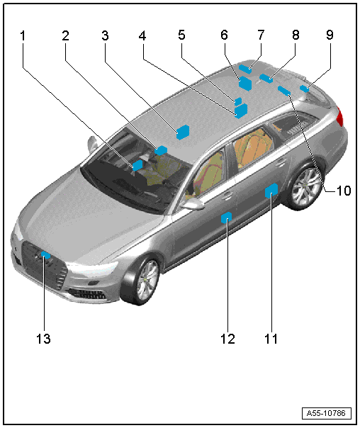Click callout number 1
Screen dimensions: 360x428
(x=23, y=36)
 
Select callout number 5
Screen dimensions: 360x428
(x=181, y=35)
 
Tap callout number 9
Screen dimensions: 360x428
(x=330, y=35)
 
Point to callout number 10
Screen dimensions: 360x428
(x=344, y=191)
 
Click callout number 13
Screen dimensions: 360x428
(x=43, y=339)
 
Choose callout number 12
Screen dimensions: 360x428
(x=227, y=339)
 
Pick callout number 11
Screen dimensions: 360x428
(x=271, y=339)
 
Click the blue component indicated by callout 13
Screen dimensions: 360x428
(x=45, y=255)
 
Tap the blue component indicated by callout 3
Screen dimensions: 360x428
(x=183, y=132)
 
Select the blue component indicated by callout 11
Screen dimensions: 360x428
(x=271, y=191)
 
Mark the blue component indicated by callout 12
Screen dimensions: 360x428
(x=226, y=218)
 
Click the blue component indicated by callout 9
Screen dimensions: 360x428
(x=304, y=89)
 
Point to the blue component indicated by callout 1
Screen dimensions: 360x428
(x=137, y=165)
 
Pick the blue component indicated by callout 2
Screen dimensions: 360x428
(x=161, y=150)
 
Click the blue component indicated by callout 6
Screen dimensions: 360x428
(x=245, y=83)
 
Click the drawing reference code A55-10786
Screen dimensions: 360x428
(x=326, y=413)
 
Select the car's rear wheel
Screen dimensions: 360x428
(x=304, y=187)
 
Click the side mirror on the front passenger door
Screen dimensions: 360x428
(x=193, y=204)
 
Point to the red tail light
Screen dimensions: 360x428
(x=339, y=116)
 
